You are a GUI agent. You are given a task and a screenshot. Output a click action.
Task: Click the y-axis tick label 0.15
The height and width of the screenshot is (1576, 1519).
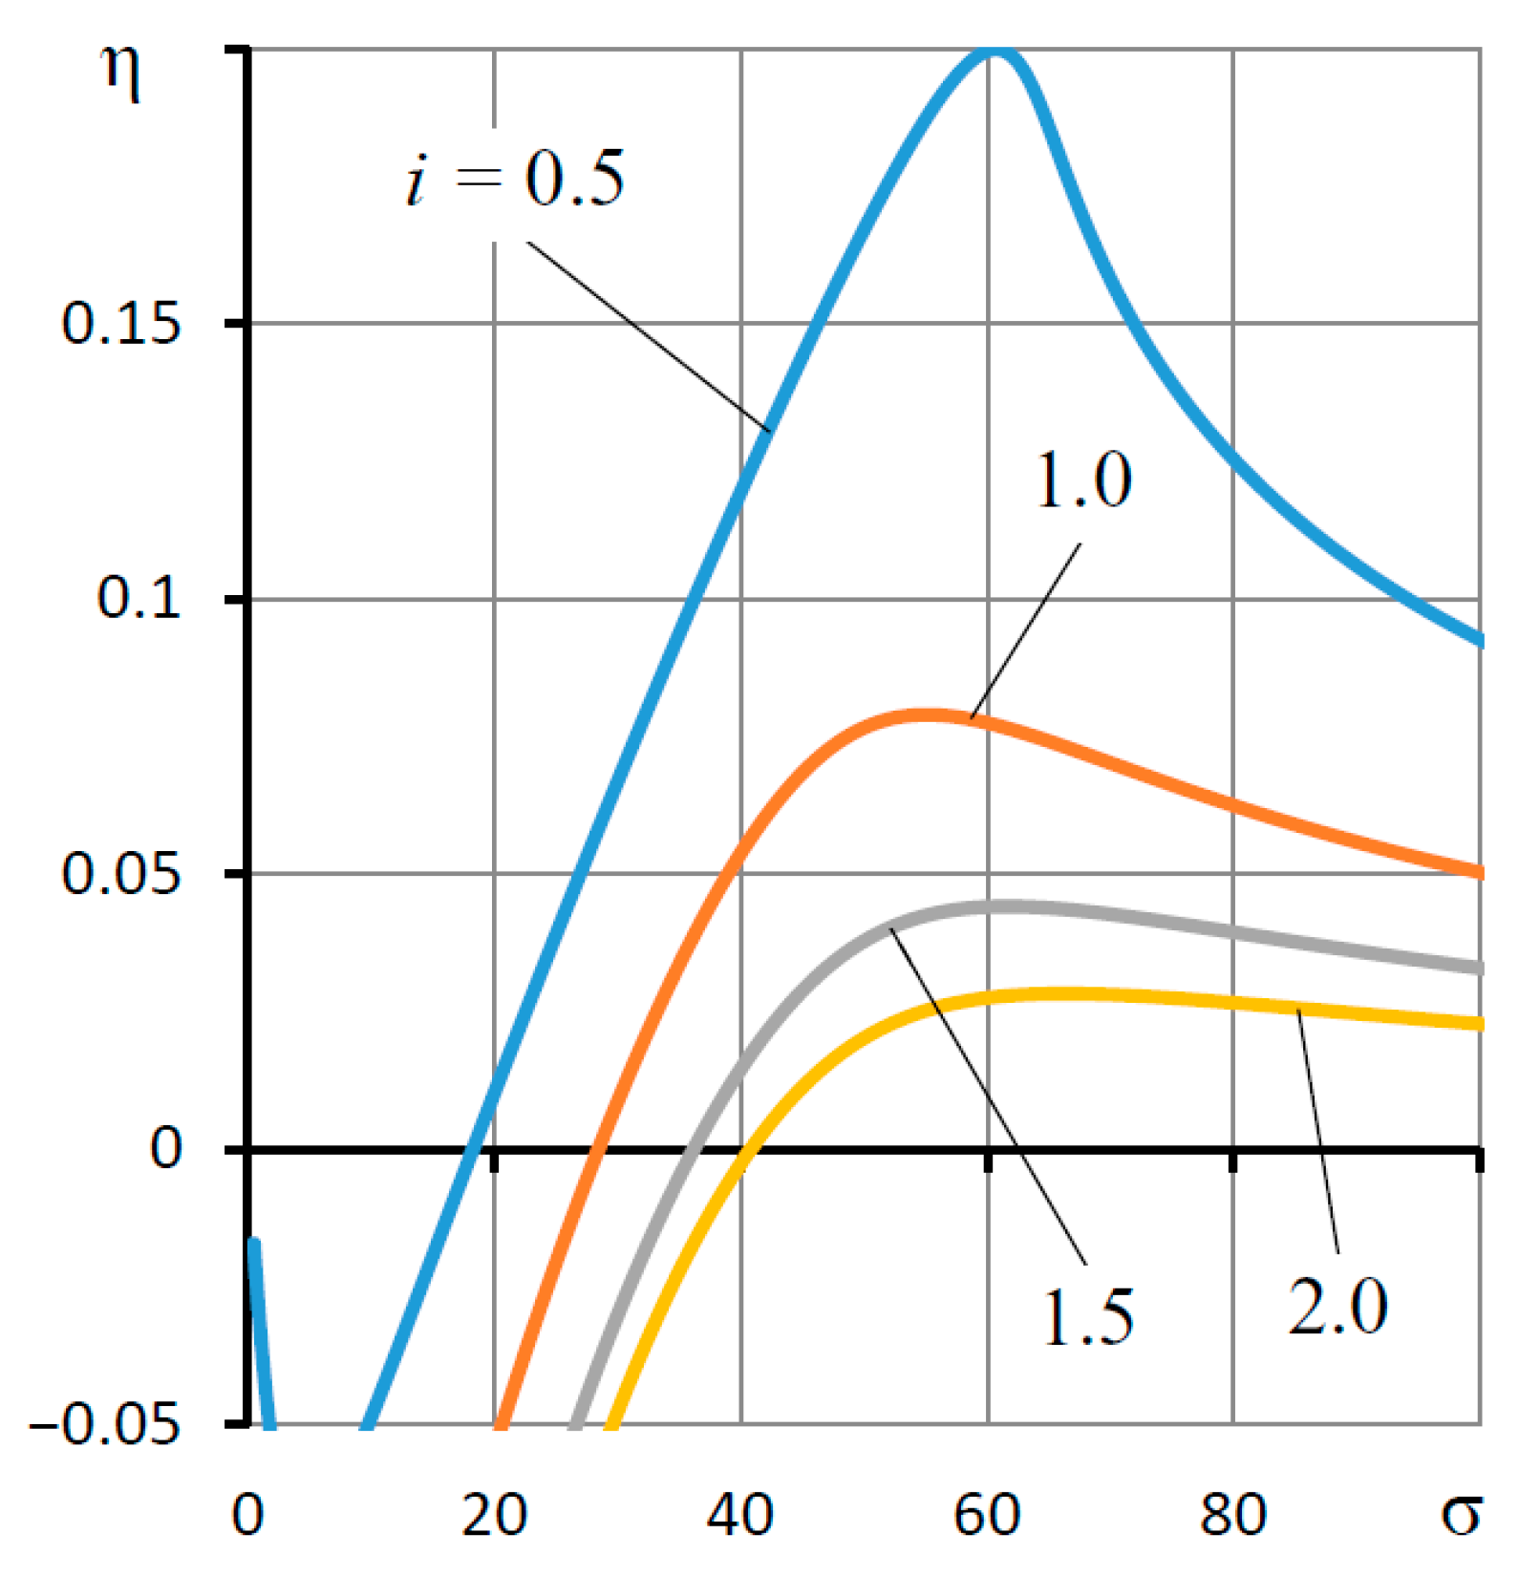point(120,325)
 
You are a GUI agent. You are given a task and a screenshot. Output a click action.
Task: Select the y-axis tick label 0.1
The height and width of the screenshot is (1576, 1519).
point(139,600)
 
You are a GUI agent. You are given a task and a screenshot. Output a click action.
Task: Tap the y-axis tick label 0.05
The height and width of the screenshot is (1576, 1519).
point(120,874)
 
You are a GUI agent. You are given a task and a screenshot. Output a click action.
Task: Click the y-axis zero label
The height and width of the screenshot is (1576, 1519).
point(165,1149)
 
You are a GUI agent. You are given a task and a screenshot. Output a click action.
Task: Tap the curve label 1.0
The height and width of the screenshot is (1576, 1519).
point(1083,480)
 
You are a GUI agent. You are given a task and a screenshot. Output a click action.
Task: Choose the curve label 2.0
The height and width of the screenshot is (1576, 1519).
point(1337,1307)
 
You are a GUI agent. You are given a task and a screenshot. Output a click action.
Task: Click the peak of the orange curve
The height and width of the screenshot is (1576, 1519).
point(923,714)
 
